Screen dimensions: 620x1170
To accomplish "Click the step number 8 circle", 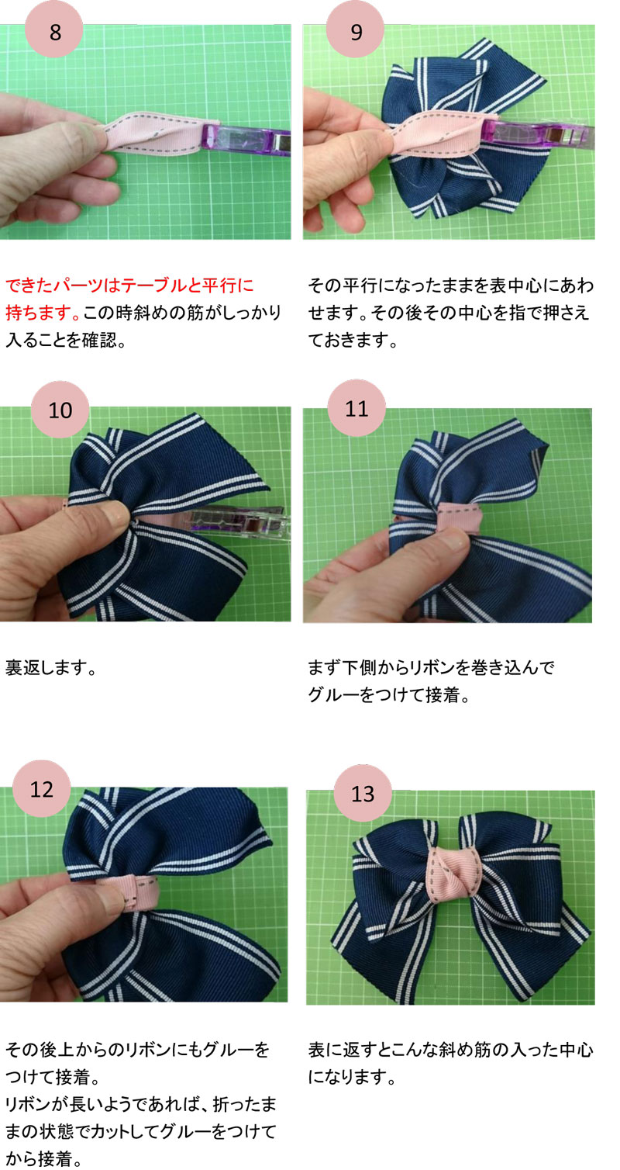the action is pyautogui.click(x=54, y=33).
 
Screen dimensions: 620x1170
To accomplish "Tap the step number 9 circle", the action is pyautogui.click(x=356, y=33).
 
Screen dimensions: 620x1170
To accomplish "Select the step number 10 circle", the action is pyautogui.click(x=60, y=410).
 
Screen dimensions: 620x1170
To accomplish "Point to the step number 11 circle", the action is pyautogui.click(x=357, y=408).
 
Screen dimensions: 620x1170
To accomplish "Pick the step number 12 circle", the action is pyautogui.click(x=42, y=789).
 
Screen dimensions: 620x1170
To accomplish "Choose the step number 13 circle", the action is pyautogui.click(x=362, y=794).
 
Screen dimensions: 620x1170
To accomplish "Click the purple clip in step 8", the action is pyautogui.click(x=246, y=140).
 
